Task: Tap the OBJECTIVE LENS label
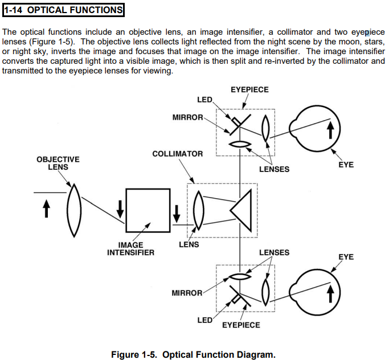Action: (58, 163)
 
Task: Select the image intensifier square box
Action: (149, 210)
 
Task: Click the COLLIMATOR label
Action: (178, 154)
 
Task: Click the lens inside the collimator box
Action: (198, 210)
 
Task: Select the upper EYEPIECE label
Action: (249, 90)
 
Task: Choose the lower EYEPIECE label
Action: (241, 325)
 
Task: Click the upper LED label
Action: (204, 100)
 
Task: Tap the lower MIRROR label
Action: (187, 293)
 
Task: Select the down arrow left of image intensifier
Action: (120, 210)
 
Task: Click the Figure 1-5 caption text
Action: (193, 354)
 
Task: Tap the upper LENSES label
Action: (274, 169)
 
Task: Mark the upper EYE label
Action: (346, 165)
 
